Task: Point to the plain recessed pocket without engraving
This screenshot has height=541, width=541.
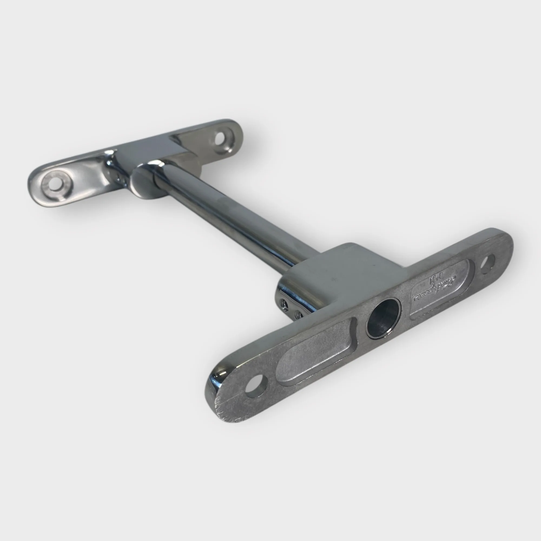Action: pos(311,353)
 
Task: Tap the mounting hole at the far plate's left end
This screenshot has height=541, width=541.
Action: pos(55,184)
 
